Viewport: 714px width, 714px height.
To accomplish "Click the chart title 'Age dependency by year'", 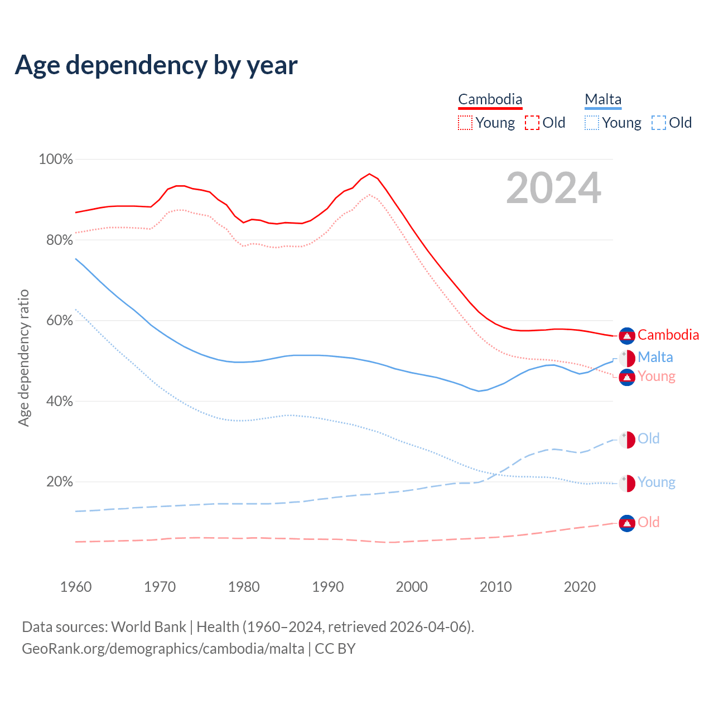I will click(x=156, y=65).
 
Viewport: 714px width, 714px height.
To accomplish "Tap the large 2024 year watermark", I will click(x=553, y=188).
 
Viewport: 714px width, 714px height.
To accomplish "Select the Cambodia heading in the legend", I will click(x=490, y=99).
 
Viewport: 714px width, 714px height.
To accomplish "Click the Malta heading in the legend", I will click(x=603, y=99).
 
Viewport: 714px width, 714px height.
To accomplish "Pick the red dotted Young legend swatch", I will click(x=465, y=123).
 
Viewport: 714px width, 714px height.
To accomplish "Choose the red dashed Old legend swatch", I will click(x=532, y=123).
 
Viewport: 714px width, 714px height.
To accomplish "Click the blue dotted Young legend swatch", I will click(x=592, y=123).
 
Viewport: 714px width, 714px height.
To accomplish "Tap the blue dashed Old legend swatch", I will click(x=659, y=123).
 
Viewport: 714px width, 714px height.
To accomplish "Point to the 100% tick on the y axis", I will click(x=56, y=160).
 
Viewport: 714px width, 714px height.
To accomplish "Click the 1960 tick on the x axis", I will click(x=76, y=587).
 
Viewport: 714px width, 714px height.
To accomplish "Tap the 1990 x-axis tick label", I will click(x=328, y=587).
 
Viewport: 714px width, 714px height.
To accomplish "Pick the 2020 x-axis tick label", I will click(x=580, y=587).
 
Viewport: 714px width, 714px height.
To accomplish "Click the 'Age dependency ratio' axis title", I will click(x=23, y=358).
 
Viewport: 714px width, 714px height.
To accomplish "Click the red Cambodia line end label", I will click(x=668, y=335).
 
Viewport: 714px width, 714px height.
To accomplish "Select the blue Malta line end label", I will click(x=655, y=357).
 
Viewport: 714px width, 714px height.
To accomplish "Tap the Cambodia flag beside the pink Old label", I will click(x=627, y=523).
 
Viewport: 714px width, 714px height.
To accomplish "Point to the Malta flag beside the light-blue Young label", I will click(x=627, y=483).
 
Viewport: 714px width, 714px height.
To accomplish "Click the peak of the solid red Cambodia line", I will click(x=369, y=173).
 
